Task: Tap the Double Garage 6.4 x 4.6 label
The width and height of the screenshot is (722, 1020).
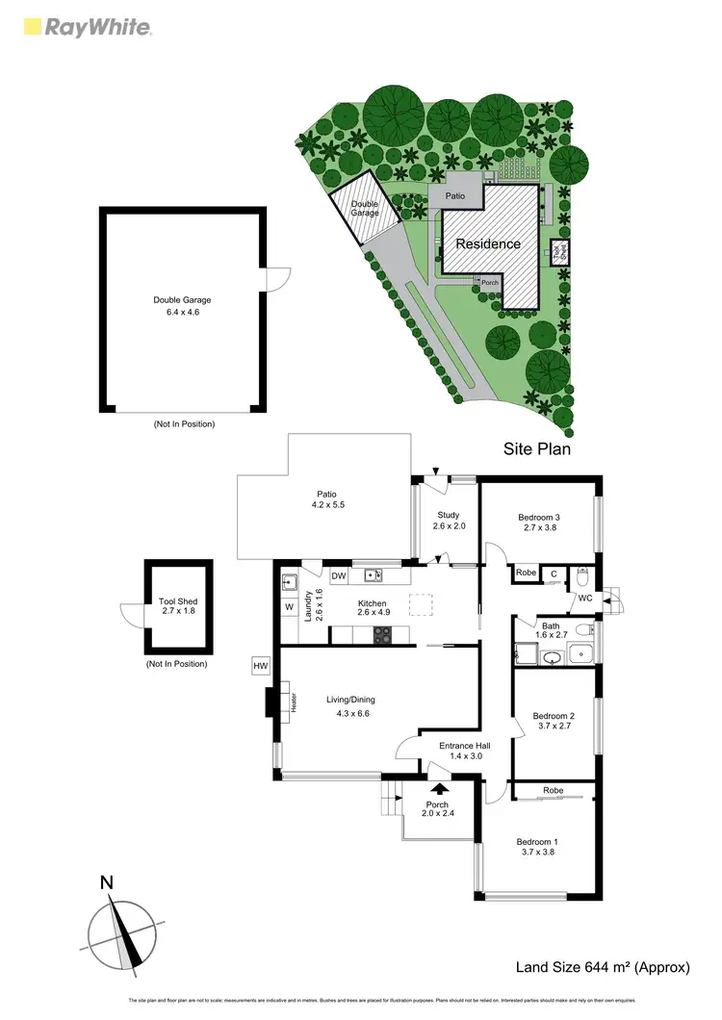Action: tap(182, 306)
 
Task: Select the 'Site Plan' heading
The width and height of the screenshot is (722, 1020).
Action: tap(538, 448)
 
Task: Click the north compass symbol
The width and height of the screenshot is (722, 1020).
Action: tap(121, 930)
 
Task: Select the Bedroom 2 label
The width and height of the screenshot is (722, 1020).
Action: tap(554, 722)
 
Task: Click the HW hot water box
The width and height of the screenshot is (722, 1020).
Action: tap(260, 665)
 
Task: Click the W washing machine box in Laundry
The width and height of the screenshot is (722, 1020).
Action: tap(289, 607)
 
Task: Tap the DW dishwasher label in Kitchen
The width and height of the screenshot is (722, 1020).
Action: tap(339, 576)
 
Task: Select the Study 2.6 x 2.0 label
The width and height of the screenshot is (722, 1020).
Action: tap(449, 521)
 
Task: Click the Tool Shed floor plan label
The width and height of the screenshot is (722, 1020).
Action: tap(178, 607)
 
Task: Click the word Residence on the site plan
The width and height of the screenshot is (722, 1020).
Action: tap(488, 243)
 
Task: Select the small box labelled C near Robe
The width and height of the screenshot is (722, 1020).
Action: tap(554, 574)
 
